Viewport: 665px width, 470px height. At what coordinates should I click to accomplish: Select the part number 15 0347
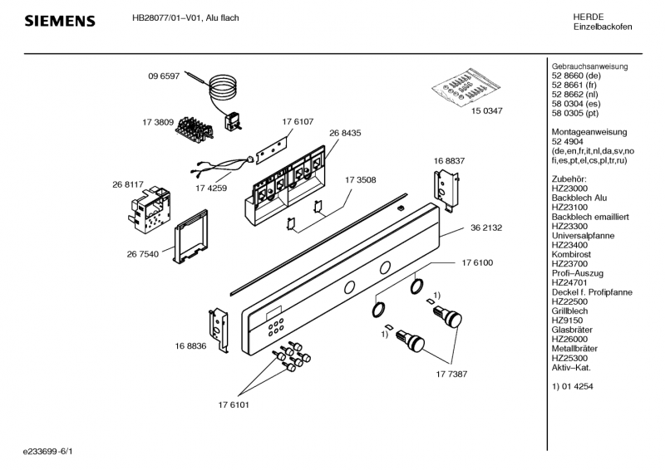coord(487,109)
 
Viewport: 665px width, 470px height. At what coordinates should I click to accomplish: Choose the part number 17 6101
coord(234,404)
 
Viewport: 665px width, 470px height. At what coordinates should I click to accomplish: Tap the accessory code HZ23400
coord(569,246)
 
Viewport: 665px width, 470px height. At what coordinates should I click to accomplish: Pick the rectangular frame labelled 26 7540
coord(189,236)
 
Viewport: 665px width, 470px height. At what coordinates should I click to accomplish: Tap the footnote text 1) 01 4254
coord(573,387)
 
